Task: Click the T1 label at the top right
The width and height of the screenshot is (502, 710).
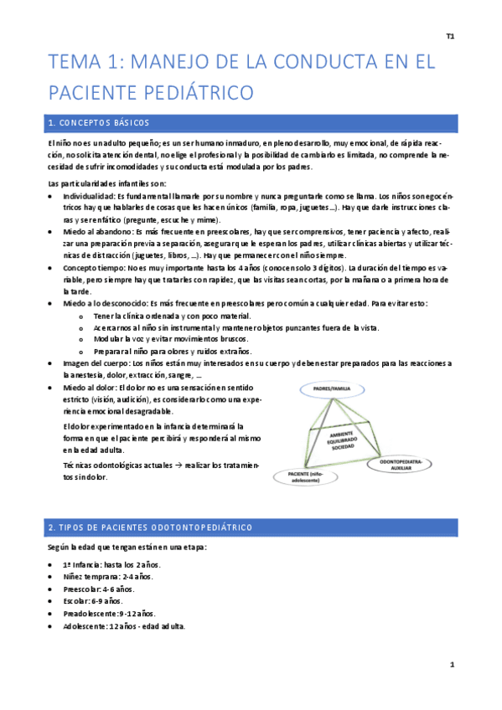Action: point(450,36)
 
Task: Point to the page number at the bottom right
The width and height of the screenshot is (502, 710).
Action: point(452,665)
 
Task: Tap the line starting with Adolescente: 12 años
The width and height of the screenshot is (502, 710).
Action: point(124,625)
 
